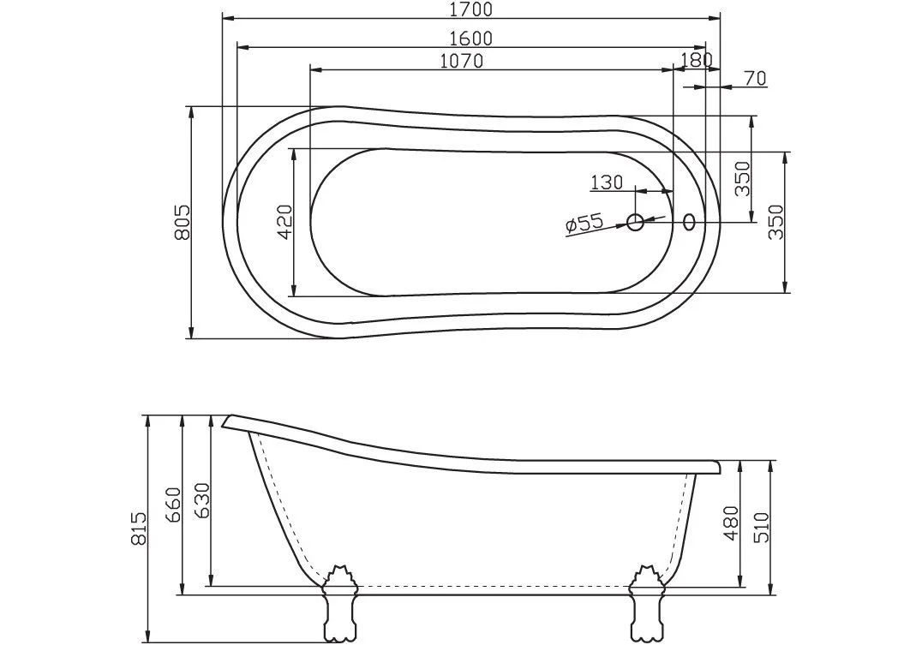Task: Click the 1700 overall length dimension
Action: click(470, 10)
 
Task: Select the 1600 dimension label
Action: click(470, 39)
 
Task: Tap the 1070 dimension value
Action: click(461, 61)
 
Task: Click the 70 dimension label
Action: click(754, 79)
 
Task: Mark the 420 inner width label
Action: click(285, 221)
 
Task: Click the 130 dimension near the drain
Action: click(606, 182)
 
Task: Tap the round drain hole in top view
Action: click(635, 222)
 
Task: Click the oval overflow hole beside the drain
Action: click(690, 222)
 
